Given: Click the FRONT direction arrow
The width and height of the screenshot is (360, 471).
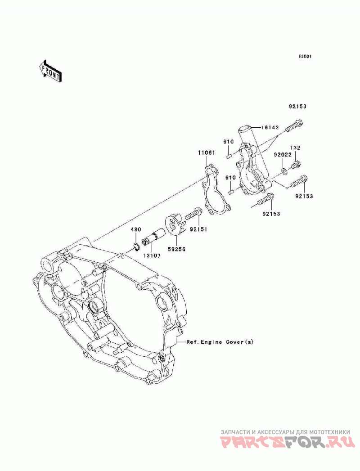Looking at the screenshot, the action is coord(50,71).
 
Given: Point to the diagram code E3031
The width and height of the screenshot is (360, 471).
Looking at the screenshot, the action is coord(305,56).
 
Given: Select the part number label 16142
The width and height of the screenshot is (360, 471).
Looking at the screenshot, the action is coord(270,127).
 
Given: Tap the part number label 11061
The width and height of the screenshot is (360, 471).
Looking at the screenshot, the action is coord(206,153).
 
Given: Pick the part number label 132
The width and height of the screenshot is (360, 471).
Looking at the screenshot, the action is coord(295,148).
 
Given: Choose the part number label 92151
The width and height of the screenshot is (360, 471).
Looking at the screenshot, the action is coord(198,229).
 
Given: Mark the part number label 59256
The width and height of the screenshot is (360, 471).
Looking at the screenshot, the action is coord(176,249).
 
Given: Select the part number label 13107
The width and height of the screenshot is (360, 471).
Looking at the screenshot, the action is coord(152,256).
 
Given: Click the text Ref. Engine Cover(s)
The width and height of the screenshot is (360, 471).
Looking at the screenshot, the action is coord(220,342).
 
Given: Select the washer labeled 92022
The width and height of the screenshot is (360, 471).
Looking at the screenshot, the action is coord(284,171).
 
